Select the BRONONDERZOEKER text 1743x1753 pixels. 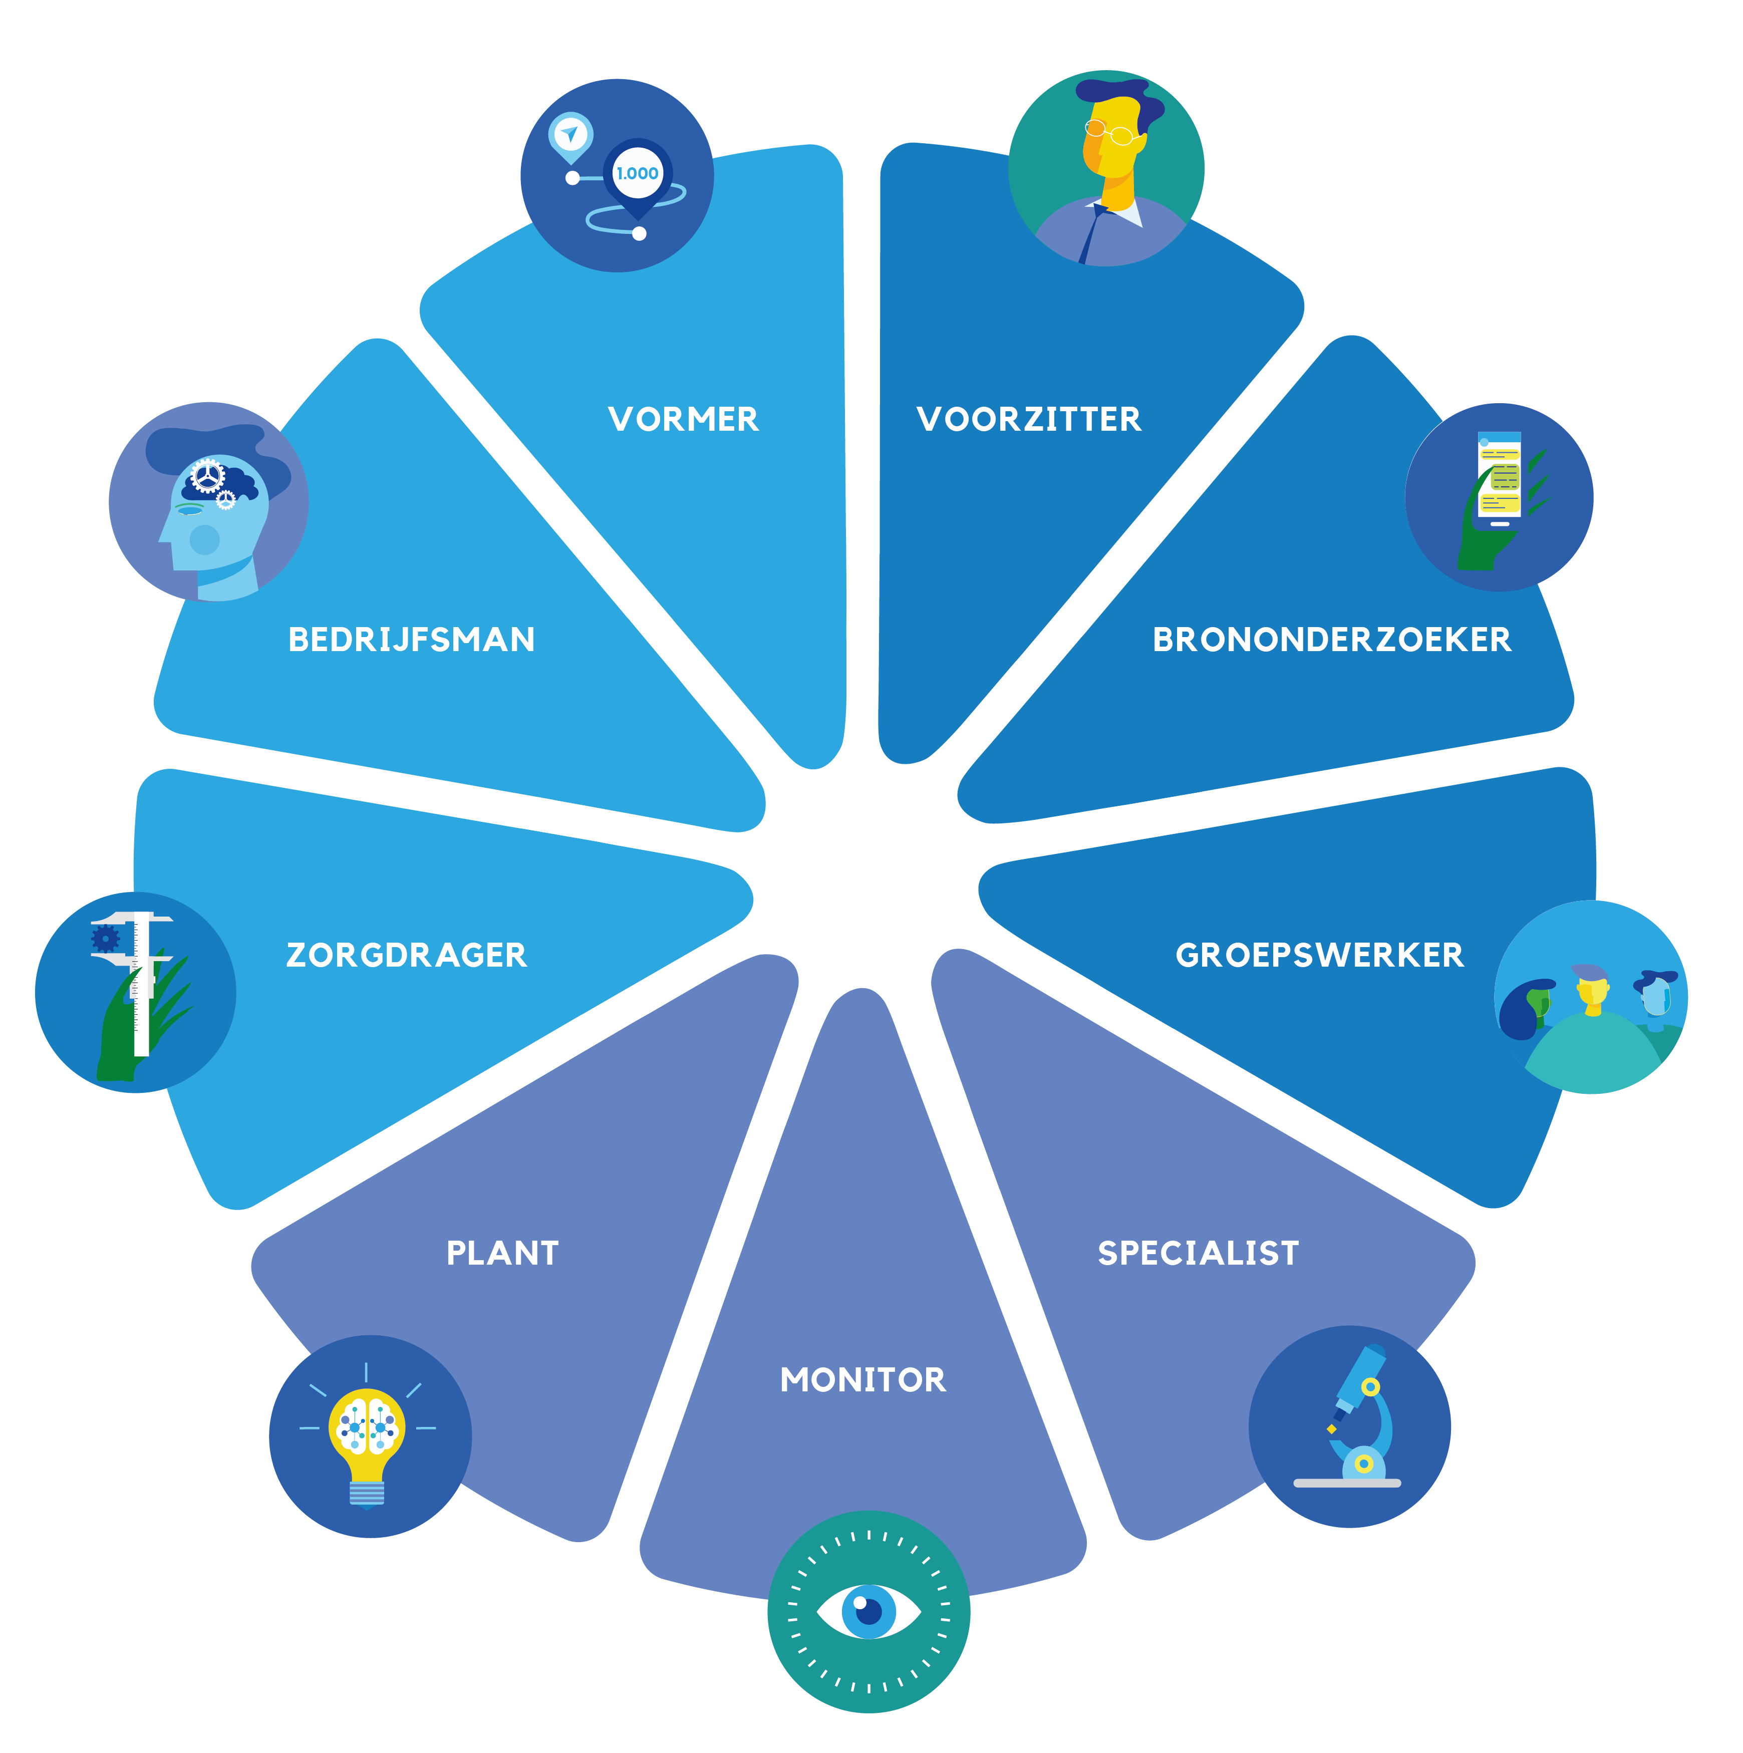(x=1331, y=640)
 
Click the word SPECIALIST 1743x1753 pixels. (x=1198, y=1253)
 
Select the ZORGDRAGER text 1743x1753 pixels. (x=406, y=956)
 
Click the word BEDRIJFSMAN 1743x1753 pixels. (x=411, y=640)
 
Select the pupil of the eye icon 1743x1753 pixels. (x=868, y=1611)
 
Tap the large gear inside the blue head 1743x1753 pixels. (x=208, y=475)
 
